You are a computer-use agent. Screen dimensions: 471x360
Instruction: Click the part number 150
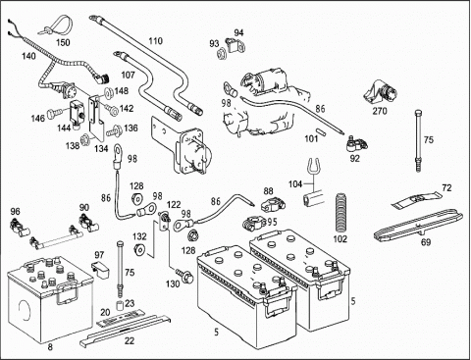[63, 42]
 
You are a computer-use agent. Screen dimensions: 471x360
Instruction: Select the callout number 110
[155, 41]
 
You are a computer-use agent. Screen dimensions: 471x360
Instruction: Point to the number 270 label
[380, 111]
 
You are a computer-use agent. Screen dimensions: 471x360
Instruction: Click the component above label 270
[381, 91]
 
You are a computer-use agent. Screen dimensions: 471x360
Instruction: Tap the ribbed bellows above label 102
[341, 213]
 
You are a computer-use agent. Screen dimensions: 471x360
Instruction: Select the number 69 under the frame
[426, 242]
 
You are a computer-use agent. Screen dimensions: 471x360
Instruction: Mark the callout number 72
[446, 188]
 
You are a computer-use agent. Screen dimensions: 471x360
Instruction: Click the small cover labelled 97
[100, 269]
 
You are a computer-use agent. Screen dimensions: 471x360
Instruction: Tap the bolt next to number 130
[184, 276]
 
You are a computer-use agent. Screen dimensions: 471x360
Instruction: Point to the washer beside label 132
[139, 249]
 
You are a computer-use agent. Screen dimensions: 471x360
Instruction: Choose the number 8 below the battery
[50, 347]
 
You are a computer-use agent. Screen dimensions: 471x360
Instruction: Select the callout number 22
[130, 340]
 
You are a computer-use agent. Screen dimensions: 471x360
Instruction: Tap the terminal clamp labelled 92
[356, 144]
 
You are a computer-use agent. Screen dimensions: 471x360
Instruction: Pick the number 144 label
[64, 128]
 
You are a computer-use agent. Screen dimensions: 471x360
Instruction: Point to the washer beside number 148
[108, 92]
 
